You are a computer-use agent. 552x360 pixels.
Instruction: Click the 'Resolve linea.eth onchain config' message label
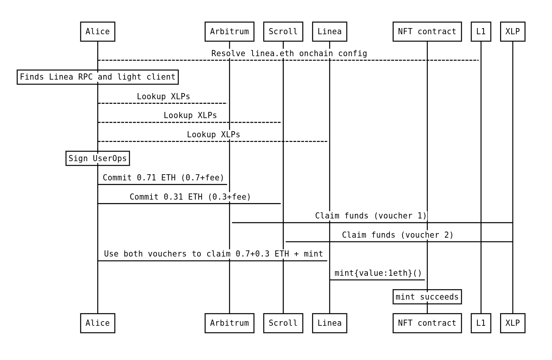pyautogui.click(x=289, y=53)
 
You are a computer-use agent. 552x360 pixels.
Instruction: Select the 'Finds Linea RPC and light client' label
pyautogui.click(x=98, y=77)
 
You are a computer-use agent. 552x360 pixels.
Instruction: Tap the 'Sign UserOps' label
pyautogui.click(x=98, y=158)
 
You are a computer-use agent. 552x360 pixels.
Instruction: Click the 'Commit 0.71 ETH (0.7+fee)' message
pyautogui.click(x=163, y=178)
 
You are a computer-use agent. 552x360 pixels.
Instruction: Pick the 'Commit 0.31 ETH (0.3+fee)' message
pyautogui.click(x=190, y=197)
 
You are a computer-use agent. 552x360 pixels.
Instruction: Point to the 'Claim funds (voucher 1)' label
pyautogui.click(x=371, y=216)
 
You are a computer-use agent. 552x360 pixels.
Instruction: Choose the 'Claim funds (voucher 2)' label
pyautogui.click(x=398, y=235)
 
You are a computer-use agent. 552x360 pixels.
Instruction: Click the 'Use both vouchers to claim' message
pyautogui.click(x=214, y=254)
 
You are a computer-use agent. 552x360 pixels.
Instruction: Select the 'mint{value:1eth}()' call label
pyautogui.click(x=378, y=273)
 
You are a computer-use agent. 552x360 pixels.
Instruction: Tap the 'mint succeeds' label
pyautogui.click(x=427, y=297)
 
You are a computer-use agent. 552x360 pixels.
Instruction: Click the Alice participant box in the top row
pyautogui.click(x=98, y=32)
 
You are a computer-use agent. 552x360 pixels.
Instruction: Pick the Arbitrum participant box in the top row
pyautogui.click(x=229, y=32)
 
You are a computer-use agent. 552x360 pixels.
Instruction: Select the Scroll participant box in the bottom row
pyautogui.click(x=283, y=323)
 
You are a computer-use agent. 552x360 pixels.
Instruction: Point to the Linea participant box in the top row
pyautogui.click(x=329, y=32)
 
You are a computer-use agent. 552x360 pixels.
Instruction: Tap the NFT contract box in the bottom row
pyautogui.click(x=427, y=323)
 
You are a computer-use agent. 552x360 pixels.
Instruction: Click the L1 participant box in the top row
pyautogui.click(x=481, y=32)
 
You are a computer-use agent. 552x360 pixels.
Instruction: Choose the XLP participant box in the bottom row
pyautogui.click(x=512, y=323)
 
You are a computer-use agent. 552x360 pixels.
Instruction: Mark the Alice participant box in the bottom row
pyautogui.click(x=98, y=323)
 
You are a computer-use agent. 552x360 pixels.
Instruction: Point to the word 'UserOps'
pyautogui.click(x=110, y=158)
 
